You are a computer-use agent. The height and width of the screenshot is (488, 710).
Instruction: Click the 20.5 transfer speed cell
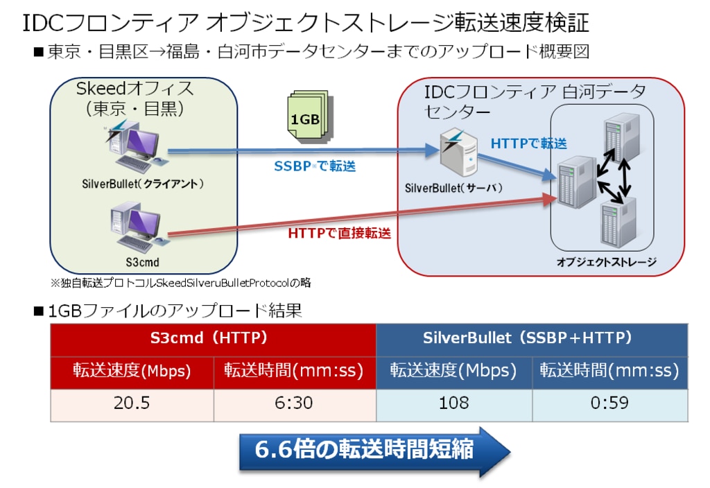pyautogui.click(x=132, y=403)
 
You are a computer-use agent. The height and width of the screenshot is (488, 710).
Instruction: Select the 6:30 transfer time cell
pyautogui.click(x=294, y=403)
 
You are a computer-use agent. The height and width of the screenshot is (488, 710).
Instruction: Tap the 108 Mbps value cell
pyautogui.click(x=453, y=403)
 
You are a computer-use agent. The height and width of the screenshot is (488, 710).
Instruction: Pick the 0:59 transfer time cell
pyautogui.click(x=610, y=403)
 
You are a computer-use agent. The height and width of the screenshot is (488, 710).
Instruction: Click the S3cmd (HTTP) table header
pyautogui.click(x=213, y=339)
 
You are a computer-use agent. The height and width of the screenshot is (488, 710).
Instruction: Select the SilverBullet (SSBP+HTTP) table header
pyautogui.click(x=532, y=339)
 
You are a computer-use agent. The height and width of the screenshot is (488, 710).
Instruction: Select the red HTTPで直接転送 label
pyautogui.click(x=339, y=234)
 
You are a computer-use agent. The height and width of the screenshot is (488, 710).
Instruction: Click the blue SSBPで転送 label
pyautogui.click(x=315, y=167)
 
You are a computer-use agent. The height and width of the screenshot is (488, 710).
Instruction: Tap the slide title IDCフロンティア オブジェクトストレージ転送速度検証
pyautogui.click(x=306, y=23)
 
